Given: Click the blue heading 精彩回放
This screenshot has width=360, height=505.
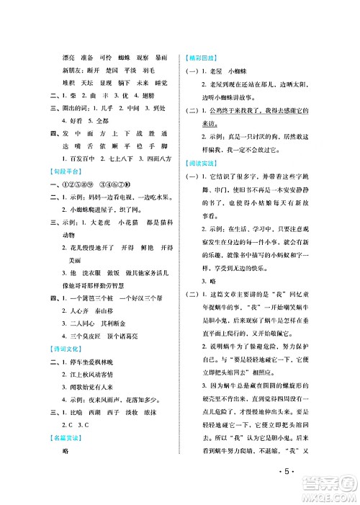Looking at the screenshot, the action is click(202, 57).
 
